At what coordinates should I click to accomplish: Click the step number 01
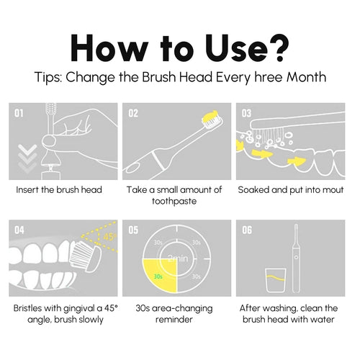(19, 113)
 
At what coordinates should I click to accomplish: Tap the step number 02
(132, 113)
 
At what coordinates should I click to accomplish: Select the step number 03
(246, 113)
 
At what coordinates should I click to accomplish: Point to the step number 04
(19, 231)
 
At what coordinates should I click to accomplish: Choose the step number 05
(132, 231)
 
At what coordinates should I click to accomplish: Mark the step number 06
(246, 231)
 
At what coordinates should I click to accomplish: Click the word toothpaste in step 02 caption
(174, 202)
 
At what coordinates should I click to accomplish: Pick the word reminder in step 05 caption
(174, 320)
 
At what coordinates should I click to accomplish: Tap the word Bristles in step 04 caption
(30, 308)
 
